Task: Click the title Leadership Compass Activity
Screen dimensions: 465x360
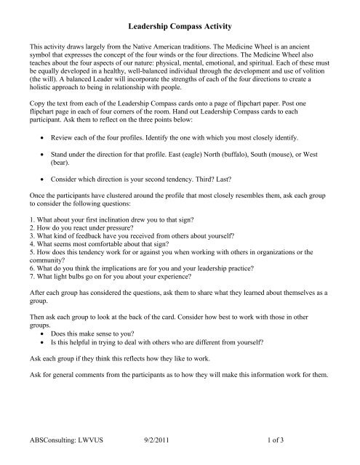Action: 180,23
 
